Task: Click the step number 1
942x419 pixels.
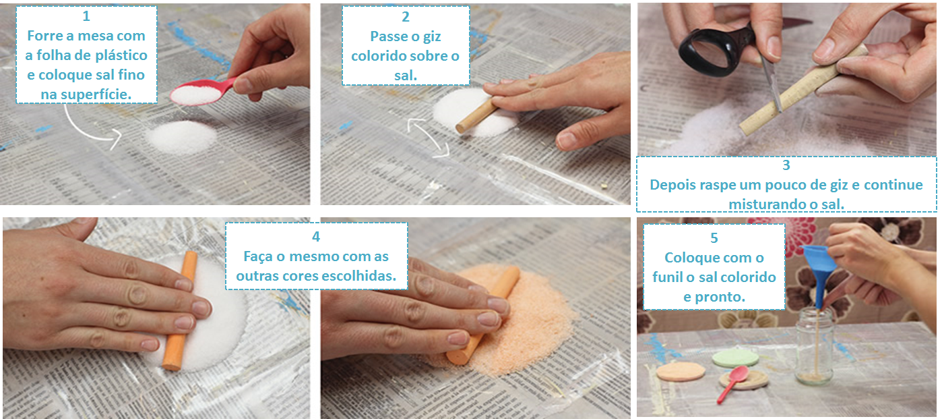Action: [x=86, y=16]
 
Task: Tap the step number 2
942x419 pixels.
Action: [x=406, y=16]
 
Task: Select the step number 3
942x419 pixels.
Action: [x=786, y=165]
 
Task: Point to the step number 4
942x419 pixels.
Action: [x=316, y=237]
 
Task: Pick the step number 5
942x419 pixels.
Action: [x=714, y=238]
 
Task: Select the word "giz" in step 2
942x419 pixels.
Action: [x=432, y=36]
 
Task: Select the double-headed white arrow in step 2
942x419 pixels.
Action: [x=428, y=136]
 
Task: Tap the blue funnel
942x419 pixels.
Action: [x=819, y=269]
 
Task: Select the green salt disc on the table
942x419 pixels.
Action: [x=736, y=358]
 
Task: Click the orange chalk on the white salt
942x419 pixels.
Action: [x=181, y=311]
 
